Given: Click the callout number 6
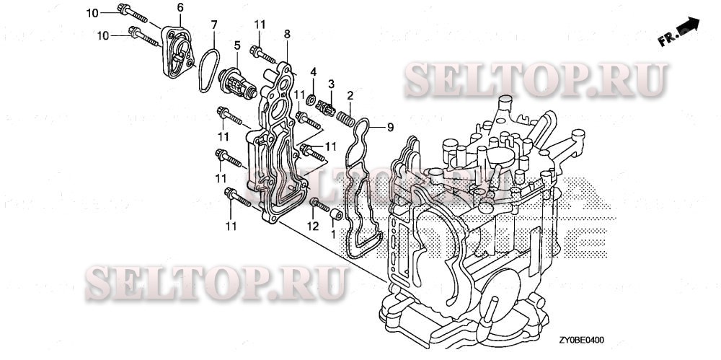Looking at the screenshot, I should (180, 8).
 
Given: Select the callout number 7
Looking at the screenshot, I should (214, 25).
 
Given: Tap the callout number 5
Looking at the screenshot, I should (236, 45).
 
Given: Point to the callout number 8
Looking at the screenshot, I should (287, 34).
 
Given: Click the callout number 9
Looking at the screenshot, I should (390, 128).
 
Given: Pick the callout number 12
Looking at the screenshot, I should (313, 226).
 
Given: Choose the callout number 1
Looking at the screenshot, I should (332, 234).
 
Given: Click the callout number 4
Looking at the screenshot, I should (314, 71).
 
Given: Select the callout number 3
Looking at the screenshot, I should (332, 84).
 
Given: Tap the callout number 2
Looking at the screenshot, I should (350, 95).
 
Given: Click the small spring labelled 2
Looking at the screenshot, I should (346, 113).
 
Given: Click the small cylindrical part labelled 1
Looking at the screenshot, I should (335, 216).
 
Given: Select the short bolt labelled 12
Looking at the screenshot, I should (315, 207).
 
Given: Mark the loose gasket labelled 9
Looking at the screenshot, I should (361, 188).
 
